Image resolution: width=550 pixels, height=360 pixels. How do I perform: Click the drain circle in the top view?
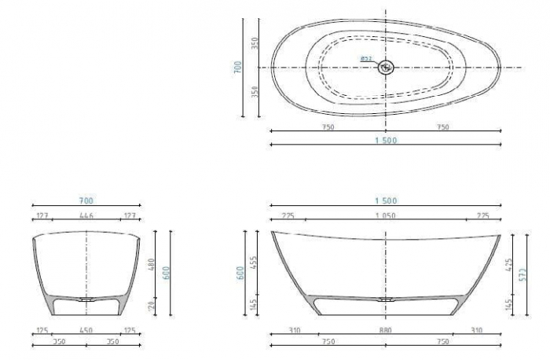coord(385,68)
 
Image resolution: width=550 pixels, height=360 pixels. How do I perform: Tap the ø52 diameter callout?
coord(365,59)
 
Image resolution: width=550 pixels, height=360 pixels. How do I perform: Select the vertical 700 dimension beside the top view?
coord(237,67)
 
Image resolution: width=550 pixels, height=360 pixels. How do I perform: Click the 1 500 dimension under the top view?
coord(385,140)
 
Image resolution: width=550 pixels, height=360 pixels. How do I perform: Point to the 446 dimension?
coord(86,215)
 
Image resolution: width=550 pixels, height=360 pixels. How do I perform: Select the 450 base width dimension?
coord(86,331)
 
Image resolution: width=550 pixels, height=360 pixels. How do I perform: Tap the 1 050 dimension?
coord(385,215)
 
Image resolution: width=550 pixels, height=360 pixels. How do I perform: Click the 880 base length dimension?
coord(385,331)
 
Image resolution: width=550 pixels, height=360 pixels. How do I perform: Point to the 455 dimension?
coord(254,262)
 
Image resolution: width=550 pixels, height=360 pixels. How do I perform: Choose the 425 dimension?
coord(508,267)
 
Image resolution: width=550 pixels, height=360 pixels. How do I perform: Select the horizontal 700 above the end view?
coord(86,201)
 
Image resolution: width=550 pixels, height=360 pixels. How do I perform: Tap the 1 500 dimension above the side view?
coord(385,201)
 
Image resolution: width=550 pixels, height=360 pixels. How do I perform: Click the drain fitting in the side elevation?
coord(385,299)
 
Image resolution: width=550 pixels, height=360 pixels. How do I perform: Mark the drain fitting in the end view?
coord(86,299)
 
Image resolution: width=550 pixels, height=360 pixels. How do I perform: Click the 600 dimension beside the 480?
coord(166,272)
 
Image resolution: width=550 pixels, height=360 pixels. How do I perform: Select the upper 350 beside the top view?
coord(255,42)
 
